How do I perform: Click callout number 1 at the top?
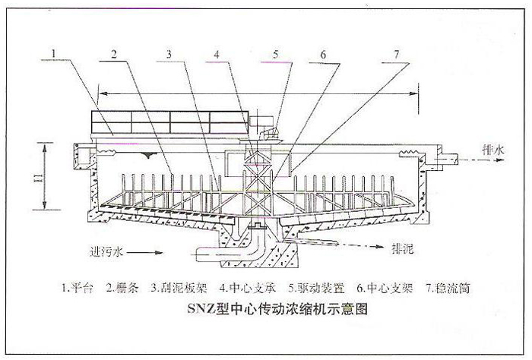[x=53, y=53]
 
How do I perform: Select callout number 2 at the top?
[x=112, y=53]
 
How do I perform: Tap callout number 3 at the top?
[x=171, y=53]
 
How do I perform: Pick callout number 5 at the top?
[x=277, y=53]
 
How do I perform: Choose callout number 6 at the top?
[x=323, y=53]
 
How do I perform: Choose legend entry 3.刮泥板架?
[x=176, y=289]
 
